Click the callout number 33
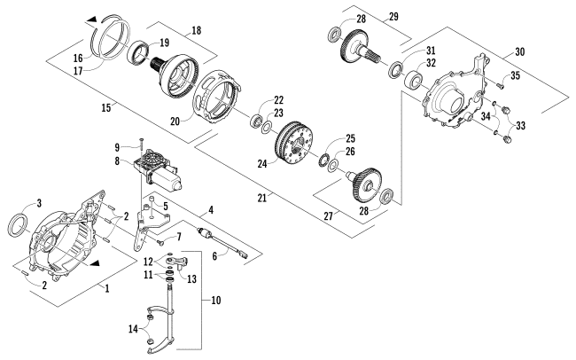coord(520,126)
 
